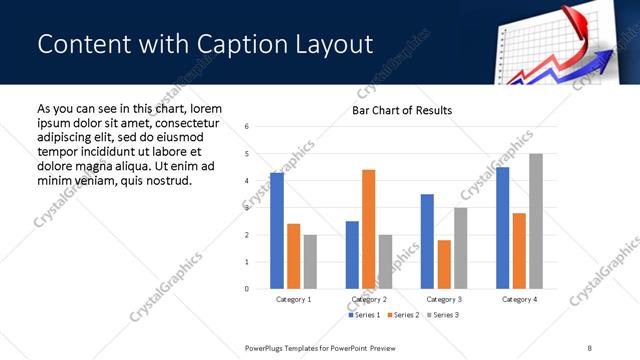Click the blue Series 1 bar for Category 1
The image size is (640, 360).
click(x=277, y=231)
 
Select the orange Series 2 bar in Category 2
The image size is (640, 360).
click(x=368, y=229)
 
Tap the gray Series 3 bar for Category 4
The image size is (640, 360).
click(x=536, y=221)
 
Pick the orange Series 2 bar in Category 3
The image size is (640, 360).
click(x=444, y=264)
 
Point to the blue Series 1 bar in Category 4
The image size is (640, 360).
click(x=502, y=228)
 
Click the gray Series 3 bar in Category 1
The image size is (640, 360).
click(x=310, y=262)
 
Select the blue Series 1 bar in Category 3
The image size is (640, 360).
click(x=427, y=241)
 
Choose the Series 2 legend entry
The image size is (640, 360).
click(x=403, y=315)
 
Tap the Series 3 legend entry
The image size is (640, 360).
click(x=441, y=315)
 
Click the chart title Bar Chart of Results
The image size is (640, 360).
click(x=402, y=110)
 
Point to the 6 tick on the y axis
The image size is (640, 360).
click(x=246, y=126)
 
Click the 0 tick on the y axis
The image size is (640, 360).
click(x=246, y=289)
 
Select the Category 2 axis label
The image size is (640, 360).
click(x=369, y=299)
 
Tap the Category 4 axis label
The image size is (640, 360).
click(x=519, y=299)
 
